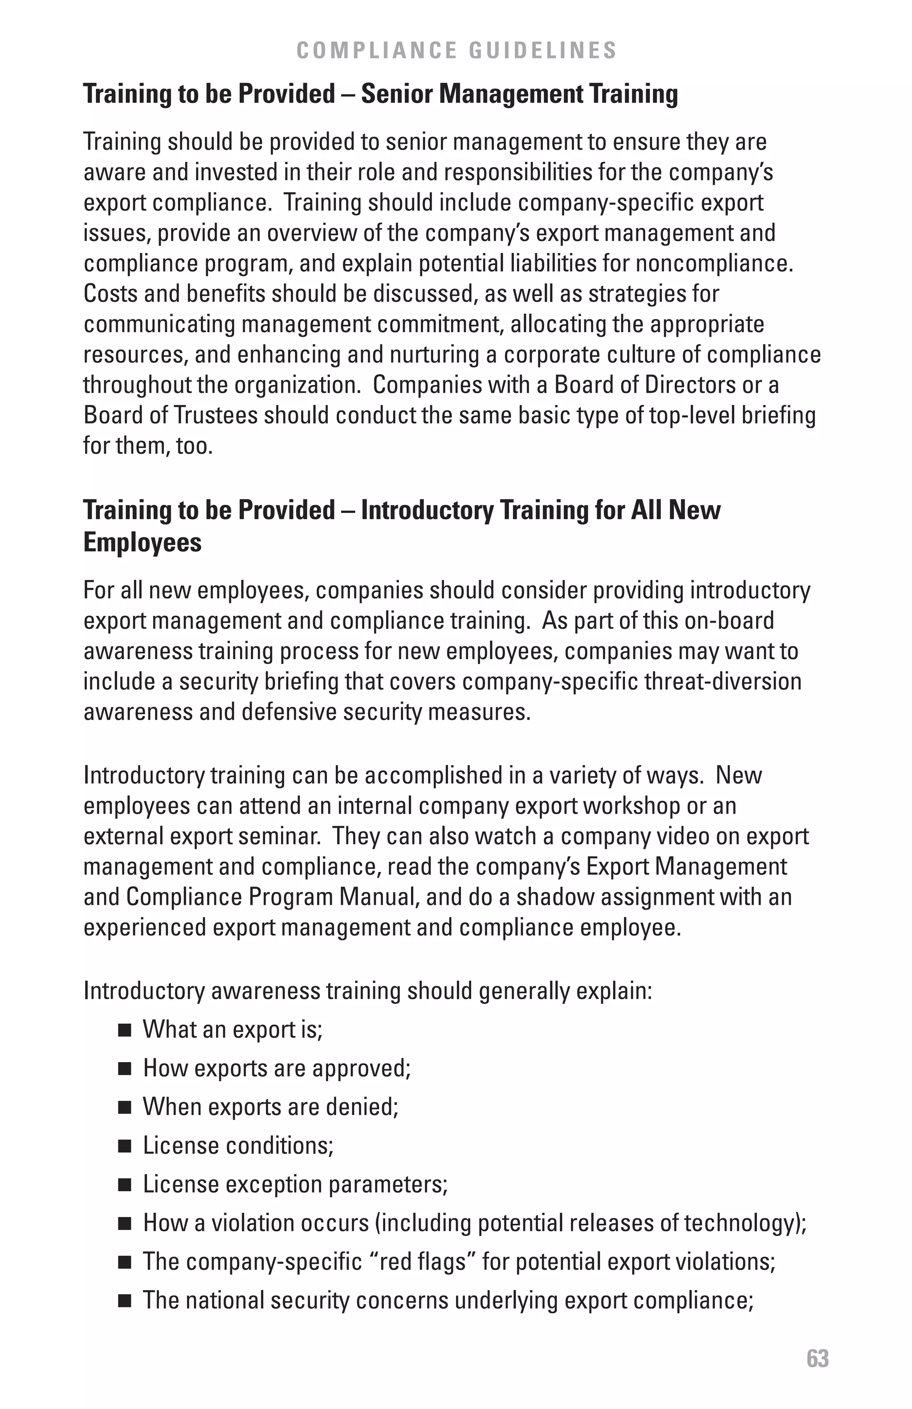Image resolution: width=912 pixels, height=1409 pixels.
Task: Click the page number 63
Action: [x=817, y=1359]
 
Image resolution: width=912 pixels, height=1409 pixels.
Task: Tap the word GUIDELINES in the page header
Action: [x=543, y=50]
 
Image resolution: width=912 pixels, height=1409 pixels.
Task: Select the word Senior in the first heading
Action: [x=396, y=94]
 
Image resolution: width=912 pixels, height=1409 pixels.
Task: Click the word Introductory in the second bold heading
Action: [x=427, y=510]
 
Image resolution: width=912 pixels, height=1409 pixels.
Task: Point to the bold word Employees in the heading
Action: [x=142, y=542]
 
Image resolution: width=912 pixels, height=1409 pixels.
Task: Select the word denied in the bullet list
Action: [x=366, y=1107]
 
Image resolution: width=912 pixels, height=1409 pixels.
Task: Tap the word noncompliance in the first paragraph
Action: [x=712, y=264]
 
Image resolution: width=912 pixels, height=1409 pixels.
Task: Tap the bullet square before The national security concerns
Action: [x=124, y=1301]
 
